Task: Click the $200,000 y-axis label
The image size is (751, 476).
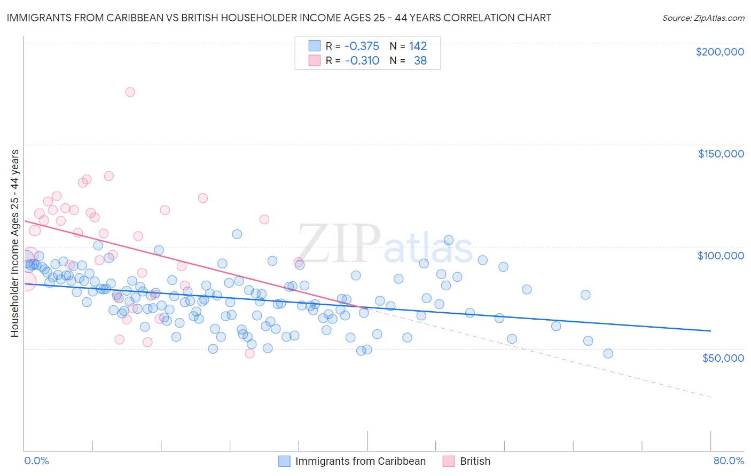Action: pyautogui.click(x=719, y=52)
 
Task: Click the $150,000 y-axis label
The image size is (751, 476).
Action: pyautogui.click(x=721, y=154)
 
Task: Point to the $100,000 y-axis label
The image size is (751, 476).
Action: pyautogui.click(x=721, y=256)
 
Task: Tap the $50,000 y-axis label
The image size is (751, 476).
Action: pyautogui.click(x=723, y=358)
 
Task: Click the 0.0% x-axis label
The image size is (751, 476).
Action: pyautogui.click(x=36, y=461)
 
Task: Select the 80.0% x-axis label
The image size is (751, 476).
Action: pyautogui.click(x=729, y=461)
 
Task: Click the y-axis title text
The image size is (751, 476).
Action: pyautogui.click(x=14, y=243)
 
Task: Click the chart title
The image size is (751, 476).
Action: pyautogui.click(x=279, y=18)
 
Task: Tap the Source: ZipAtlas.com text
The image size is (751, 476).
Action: pyautogui.click(x=703, y=18)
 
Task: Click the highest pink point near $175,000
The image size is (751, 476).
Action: pyautogui.click(x=130, y=92)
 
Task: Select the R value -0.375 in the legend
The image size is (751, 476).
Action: pyautogui.click(x=362, y=46)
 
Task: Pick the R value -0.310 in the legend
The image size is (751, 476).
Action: pyautogui.click(x=362, y=61)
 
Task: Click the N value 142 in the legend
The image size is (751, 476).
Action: pyautogui.click(x=418, y=46)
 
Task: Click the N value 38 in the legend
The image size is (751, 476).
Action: pyautogui.click(x=420, y=61)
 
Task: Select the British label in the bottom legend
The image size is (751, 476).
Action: pyautogui.click(x=475, y=461)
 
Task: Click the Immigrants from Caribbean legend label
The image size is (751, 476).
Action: pyautogui.click(x=361, y=461)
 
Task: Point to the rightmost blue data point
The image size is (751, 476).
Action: pyautogui.click(x=608, y=353)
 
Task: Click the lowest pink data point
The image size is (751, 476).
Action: pyautogui.click(x=249, y=353)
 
